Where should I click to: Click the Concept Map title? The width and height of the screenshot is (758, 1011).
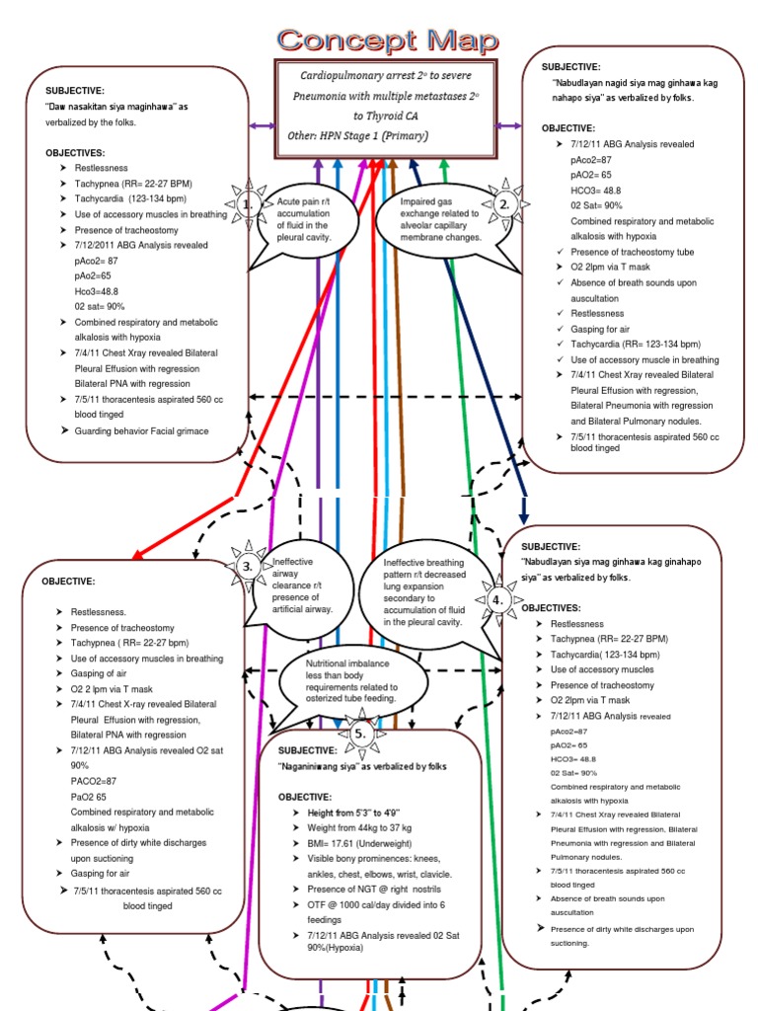(x=387, y=39)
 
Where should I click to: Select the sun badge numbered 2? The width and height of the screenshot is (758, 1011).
(x=504, y=204)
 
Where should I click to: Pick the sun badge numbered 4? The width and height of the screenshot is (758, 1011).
(x=497, y=599)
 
